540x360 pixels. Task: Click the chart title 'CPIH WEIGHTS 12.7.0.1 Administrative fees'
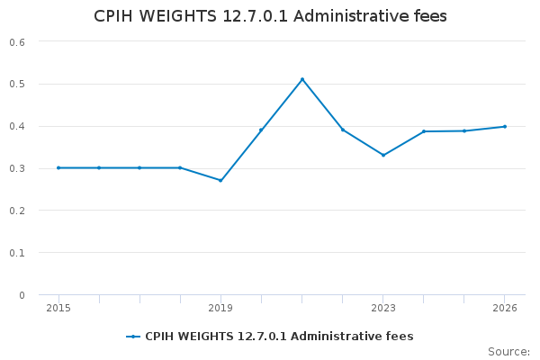coord(270,16)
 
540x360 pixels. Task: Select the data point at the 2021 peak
coord(302,79)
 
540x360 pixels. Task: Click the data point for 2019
coord(220,180)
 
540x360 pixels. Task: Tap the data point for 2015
coord(58,167)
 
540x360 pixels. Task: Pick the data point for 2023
coord(383,155)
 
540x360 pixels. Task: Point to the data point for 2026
coord(505,126)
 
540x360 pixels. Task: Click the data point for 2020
coord(261,130)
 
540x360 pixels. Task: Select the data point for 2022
coord(343,130)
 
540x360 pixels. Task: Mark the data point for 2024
coord(424,131)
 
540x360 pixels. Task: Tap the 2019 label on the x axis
coord(220,308)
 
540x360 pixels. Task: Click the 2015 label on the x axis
coord(58,308)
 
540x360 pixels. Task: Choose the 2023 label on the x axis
coord(383,308)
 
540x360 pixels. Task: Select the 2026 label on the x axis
coord(505,308)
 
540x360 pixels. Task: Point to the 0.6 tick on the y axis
coord(17,42)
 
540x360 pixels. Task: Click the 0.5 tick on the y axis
coord(17,85)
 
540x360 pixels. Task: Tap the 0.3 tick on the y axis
coord(17,168)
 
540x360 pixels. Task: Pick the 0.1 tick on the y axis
coord(17,253)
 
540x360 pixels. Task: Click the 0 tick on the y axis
coord(22,295)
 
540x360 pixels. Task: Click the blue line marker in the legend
coord(133,337)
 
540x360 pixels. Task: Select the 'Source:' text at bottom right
coord(508,352)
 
